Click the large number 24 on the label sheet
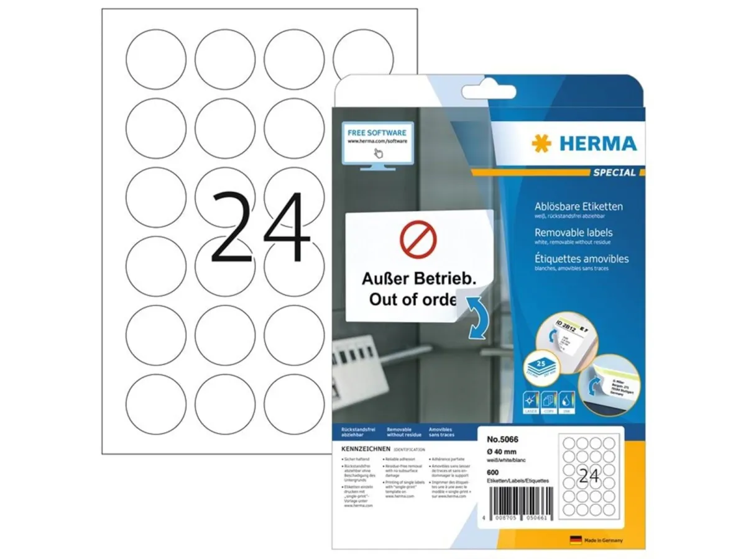260,226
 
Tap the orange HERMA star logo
541,143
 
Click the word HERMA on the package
597,144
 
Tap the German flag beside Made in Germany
575,539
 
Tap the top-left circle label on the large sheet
155,58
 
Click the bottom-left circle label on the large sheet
155,402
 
